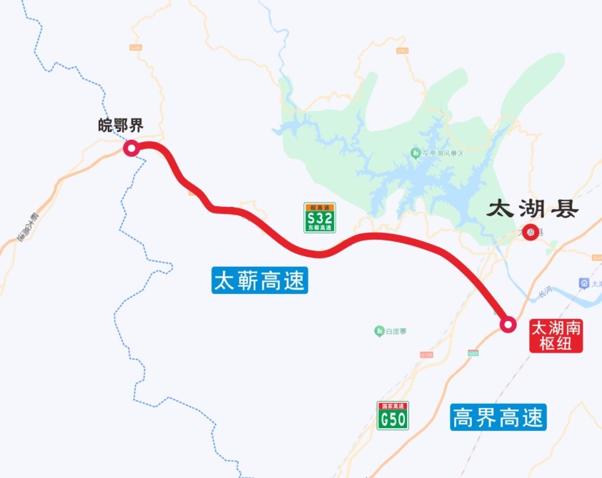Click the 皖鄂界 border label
[121, 126]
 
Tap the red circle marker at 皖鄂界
[131, 148]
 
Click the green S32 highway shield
[319, 218]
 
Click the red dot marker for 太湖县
[530, 232]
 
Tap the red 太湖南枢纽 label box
[556, 335]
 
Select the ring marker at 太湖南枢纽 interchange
[508, 325]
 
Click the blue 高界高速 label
[498, 417]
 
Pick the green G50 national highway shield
[393, 416]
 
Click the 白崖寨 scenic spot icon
[379, 330]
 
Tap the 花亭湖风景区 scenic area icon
[415, 153]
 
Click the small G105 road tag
[426, 354]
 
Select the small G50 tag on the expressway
[472, 352]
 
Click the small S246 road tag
[136, 48]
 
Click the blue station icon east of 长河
[584, 284]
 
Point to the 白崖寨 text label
[396, 331]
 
